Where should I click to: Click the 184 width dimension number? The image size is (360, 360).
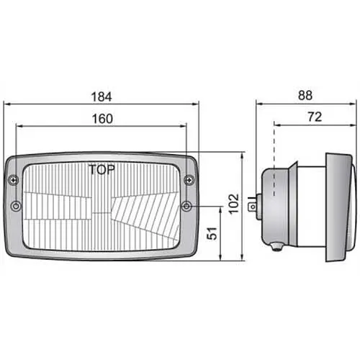102,97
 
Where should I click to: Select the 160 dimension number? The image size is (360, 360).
102,119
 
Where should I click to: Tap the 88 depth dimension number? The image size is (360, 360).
305,95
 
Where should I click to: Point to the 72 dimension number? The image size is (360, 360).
315,117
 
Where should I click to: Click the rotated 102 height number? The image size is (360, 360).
233,204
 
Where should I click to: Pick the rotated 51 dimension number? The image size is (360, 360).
212,233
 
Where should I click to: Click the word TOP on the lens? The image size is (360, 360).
102,170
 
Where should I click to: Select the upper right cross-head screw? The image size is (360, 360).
189,180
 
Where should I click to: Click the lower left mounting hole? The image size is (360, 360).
16,206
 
